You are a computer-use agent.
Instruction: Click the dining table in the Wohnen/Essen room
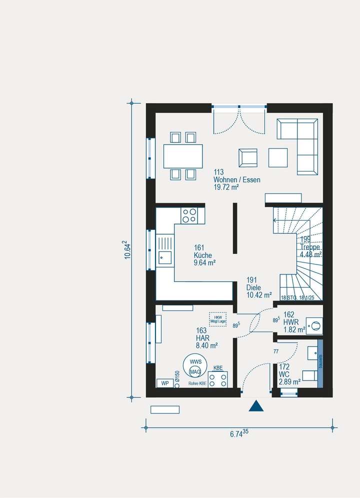coord(183,156)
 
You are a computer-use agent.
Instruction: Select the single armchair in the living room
coord(248,157)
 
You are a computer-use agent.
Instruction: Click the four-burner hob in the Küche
coord(189,215)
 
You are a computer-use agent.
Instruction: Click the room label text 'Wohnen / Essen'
coord(236,180)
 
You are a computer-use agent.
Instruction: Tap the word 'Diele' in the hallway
coord(254,288)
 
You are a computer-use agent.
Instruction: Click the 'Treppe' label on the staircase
coord(310,247)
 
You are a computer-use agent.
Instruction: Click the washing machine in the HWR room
coord(314,326)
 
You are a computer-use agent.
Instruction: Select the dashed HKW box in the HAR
coord(217,319)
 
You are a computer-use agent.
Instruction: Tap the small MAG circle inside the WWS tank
coord(195,371)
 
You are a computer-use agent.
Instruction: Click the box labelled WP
coord(164,383)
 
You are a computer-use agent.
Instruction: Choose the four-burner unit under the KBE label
coord(217,379)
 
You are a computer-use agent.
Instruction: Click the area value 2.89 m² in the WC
coord(289,381)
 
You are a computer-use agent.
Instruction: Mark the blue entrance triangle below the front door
coord(256,405)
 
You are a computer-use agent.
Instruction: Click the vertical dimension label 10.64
coord(128,249)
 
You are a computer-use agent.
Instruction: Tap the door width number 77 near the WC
coord(275,352)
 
